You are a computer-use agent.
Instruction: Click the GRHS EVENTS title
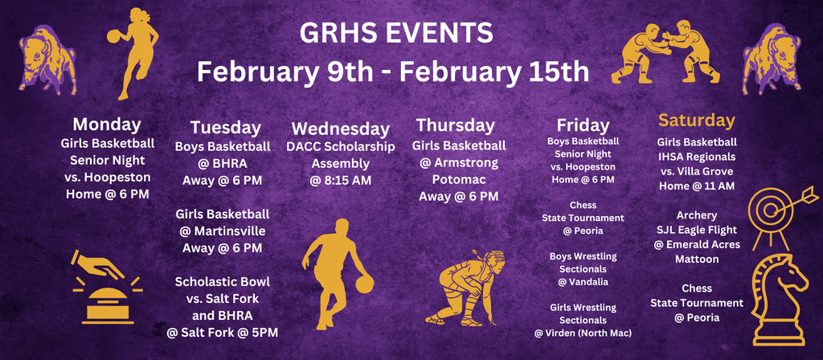pos(395,34)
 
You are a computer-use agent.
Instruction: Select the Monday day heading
pos(107,124)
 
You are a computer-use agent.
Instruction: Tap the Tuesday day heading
pos(226,127)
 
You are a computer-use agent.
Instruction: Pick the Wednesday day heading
pos(341,129)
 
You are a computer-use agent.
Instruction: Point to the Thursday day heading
pos(456,125)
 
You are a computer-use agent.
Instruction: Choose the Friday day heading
pos(583,125)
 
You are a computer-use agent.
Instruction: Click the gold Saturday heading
pos(697,121)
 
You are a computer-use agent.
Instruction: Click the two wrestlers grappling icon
pos(665,52)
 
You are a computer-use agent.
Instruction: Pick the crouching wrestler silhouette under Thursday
pos(466,288)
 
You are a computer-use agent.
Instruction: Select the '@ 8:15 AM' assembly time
pos(341,180)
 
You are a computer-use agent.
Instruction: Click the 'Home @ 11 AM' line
pos(697,186)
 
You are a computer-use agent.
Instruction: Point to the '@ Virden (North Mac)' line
pos(583,333)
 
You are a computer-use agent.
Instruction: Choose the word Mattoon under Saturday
pos(697,260)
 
